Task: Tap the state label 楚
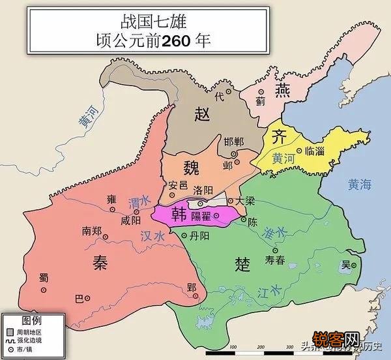pos(242,263)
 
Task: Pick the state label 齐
pos(278,137)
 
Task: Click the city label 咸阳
pos(130,220)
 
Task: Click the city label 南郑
pos(91,231)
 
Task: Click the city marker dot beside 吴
pos(355,265)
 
